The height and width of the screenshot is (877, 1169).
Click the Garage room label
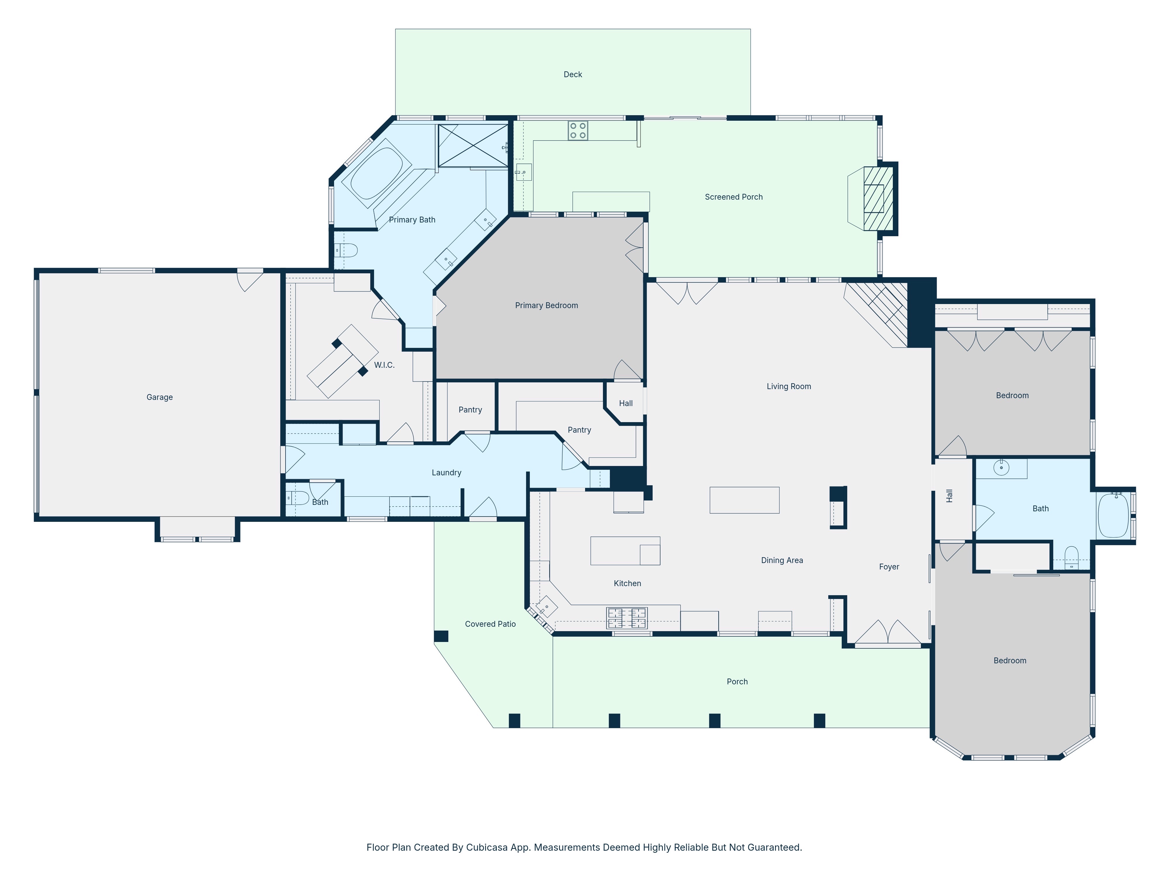(160, 397)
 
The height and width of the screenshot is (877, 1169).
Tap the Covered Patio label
(490, 624)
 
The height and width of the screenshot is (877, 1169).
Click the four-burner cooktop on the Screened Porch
(577, 131)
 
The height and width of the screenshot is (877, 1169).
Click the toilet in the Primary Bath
(346, 250)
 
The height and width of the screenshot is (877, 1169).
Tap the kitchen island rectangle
(625, 551)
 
